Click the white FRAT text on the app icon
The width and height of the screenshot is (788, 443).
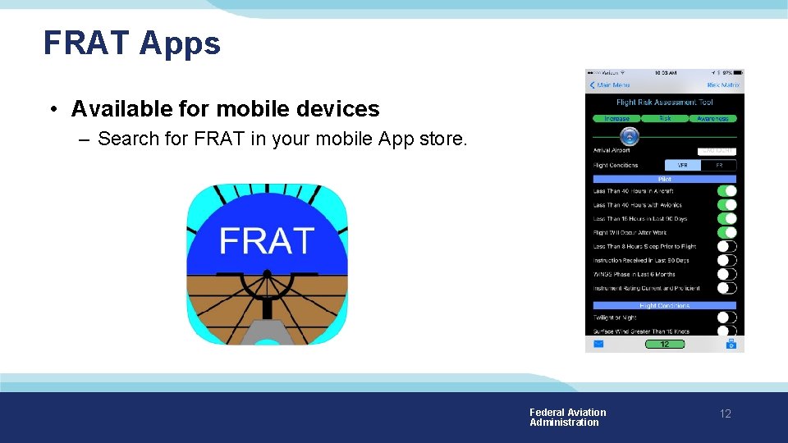268,241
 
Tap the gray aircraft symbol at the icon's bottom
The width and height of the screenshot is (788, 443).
267,332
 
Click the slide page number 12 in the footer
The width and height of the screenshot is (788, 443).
725,414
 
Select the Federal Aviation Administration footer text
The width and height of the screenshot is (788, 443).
567,418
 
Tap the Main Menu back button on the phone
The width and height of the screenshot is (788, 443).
610,85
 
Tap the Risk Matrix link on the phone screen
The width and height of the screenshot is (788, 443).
723,85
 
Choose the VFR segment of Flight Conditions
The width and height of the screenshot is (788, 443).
682,165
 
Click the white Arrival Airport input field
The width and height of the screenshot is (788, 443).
717,151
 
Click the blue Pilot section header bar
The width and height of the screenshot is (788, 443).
664,179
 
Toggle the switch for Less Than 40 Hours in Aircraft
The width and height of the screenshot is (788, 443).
726,191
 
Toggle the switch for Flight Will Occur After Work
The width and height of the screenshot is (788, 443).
726,233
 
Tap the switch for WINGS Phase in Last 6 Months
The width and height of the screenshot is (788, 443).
726,274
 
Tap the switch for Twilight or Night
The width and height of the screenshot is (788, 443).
726,317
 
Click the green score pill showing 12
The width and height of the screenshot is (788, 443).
664,345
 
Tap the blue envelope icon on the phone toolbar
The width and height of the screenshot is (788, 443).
598,345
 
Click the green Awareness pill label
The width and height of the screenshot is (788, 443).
712,119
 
